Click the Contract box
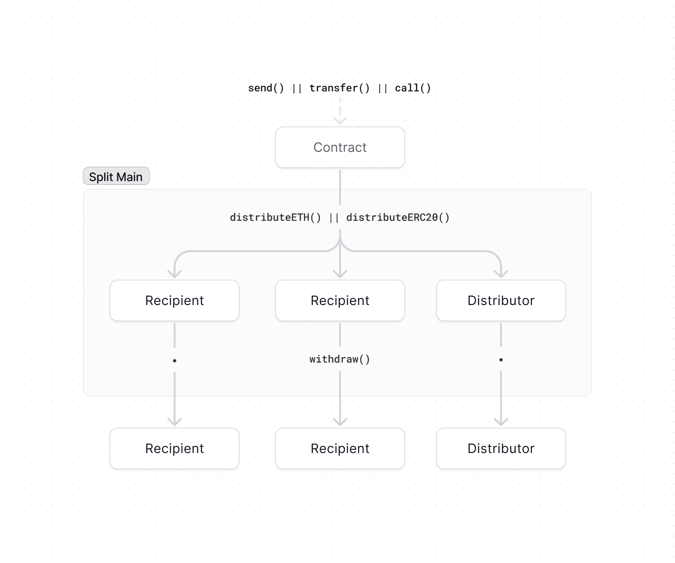340,147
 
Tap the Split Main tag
116,177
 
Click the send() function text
266,88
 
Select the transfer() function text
339,88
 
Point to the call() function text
412,88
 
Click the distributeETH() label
275,217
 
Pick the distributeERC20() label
398,217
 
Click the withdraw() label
340,359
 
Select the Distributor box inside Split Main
501,300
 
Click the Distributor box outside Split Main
501,448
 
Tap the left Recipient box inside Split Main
175,300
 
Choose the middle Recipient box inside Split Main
340,300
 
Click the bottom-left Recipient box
175,448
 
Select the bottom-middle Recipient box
340,448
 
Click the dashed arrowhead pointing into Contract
340,122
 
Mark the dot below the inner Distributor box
501,360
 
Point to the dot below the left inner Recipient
175,361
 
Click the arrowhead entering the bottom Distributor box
501,423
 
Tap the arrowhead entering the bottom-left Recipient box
175,423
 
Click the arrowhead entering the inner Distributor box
501,275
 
